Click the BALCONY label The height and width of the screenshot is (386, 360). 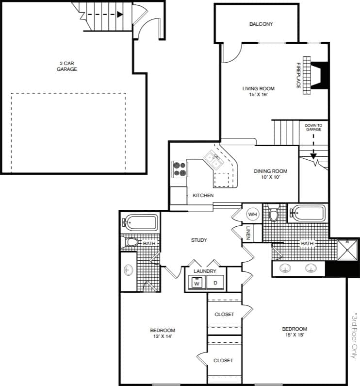[x=261, y=24]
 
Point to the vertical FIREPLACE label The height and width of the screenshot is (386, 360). [x=299, y=76]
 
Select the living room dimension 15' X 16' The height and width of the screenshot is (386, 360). [x=258, y=95]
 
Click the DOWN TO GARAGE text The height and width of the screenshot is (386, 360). [x=313, y=128]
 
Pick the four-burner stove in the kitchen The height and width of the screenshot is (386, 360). [x=179, y=169]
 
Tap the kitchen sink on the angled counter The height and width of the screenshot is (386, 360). [x=211, y=158]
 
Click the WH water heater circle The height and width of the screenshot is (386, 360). [x=253, y=214]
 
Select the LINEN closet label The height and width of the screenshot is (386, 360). [x=247, y=234]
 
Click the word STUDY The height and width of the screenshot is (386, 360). [x=199, y=240]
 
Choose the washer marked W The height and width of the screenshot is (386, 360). [x=197, y=282]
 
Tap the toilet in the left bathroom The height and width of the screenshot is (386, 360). [x=131, y=242]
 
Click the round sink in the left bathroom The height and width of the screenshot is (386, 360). [x=129, y=269]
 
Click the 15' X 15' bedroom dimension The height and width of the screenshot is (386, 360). [x=295, y=335]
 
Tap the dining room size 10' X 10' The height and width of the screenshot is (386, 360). [x=270, y=177]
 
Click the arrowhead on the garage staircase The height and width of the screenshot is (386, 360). [x=120, y=14]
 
